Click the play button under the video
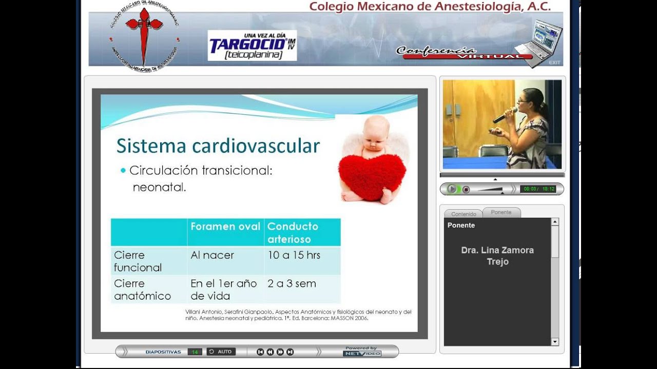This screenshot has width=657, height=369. tap(452, 189)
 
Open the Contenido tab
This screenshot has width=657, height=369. tap(463, 214)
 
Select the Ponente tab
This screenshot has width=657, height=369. tap(501, 212)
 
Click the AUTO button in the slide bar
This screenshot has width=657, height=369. tap(221, 352)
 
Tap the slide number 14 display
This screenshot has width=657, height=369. tap(195, 352)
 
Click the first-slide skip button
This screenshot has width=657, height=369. tap(260, 352)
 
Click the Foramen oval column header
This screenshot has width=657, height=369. tap(225, 227)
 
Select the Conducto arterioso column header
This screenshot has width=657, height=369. tap(293, 233)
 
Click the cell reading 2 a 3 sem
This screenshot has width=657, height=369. tap(292, 283)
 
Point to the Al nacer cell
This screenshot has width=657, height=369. tap(212, 255)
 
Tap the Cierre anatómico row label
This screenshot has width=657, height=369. tap(142, 290)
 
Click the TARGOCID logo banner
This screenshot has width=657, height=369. tap(252, 46)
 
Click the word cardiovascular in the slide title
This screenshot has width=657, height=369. tap(256, 146)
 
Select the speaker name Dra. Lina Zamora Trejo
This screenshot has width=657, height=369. tap(497, 256)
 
